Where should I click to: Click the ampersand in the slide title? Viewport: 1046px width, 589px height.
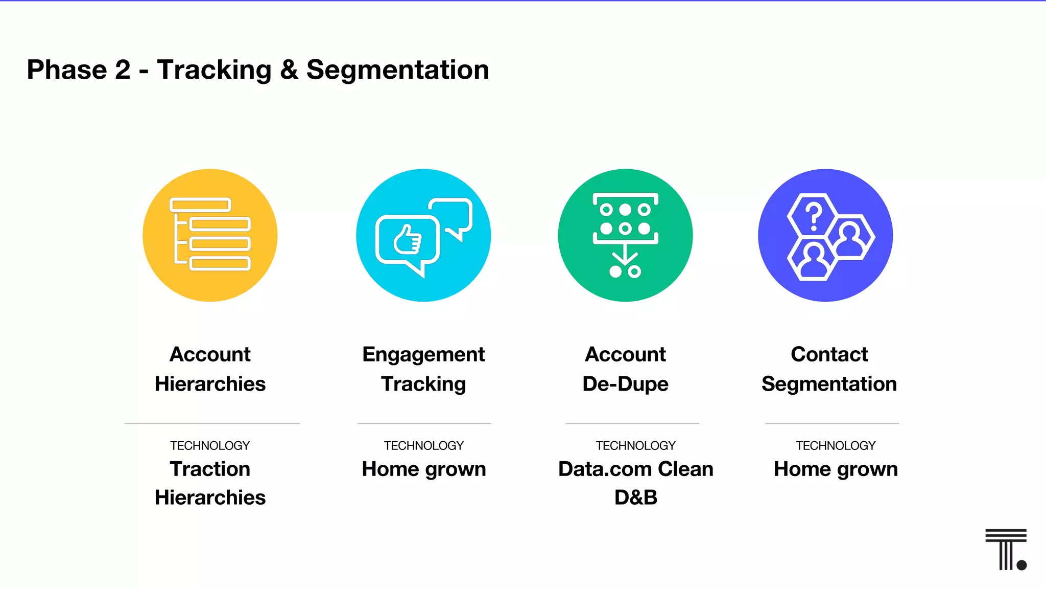[289, 70]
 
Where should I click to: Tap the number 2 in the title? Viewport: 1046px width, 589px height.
[123, 70]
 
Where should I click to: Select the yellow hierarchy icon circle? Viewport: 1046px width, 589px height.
[210, 235]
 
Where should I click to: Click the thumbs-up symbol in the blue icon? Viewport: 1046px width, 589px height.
[408, 239]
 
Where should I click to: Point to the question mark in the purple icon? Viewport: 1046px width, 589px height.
[813, 216]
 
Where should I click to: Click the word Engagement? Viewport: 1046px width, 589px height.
[423, 354]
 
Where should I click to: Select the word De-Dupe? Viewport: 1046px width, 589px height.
[625, 384]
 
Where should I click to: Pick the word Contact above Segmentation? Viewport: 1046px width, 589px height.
[829, 354]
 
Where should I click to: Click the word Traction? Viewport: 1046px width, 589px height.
[210, 469]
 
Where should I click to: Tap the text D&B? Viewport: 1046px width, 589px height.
[635, 497]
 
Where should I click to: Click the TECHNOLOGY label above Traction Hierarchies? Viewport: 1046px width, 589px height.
[210, 446]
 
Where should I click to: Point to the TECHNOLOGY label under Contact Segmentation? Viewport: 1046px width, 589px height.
[836, 446]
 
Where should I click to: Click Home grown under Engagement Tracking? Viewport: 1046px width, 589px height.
[423, 469]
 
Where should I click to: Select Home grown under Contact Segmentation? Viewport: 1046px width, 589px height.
[836, 469]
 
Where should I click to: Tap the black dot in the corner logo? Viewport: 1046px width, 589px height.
[1021, 565]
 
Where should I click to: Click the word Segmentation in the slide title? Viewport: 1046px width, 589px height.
[397, 70]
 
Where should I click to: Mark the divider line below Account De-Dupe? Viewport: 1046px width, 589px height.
[632, 423]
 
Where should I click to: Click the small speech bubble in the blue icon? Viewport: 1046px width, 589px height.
[452, 215]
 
